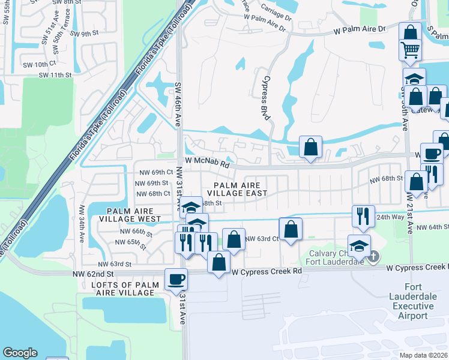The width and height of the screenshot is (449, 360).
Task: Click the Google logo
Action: [20, 353]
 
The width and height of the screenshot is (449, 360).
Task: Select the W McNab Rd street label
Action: [207, 163]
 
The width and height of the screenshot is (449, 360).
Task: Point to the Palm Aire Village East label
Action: [237, 189]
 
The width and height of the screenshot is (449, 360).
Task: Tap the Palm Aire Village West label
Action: [134, 215]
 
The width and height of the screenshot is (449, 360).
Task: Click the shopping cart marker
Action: [411, 50]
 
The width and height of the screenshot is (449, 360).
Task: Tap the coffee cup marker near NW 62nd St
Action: [176, 279]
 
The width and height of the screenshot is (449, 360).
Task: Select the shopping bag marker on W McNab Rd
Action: [310, 147]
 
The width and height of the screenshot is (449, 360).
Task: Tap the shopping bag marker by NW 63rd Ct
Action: [291, 229]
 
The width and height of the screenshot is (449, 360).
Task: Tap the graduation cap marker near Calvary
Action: [359, 246]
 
